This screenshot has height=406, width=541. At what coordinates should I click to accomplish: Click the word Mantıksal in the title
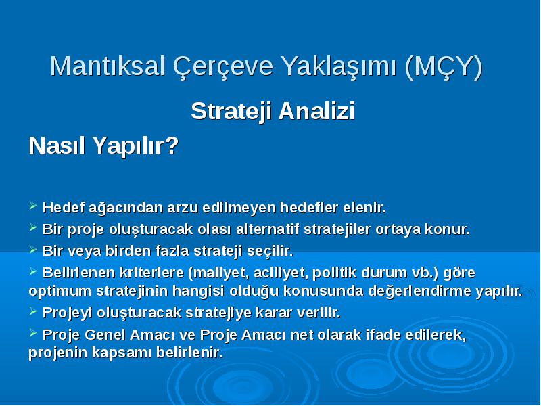(x=108, y=66)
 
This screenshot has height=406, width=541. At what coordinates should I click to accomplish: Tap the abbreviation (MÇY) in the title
(x=444, y=67)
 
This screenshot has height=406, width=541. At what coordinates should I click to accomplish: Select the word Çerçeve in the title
(x=223, y=67)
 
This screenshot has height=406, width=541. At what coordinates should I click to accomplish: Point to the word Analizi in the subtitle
(x=316, y=111)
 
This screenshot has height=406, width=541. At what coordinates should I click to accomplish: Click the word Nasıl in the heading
(x=57, y=145)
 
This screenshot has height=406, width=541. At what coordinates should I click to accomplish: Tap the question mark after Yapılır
(x=172, y=145)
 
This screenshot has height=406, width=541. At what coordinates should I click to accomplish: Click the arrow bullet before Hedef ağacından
(x=33, y=206)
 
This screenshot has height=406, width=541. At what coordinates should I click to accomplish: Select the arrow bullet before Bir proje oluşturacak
(x=33, y=227)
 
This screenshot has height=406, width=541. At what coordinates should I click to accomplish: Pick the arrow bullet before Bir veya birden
(x=33, y=249)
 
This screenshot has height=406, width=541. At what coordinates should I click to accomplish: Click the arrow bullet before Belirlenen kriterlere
(x=33, y=271)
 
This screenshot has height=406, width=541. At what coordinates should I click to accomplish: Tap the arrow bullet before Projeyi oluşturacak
(x=33, y=311)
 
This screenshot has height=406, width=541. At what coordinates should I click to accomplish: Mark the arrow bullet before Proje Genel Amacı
(x=33, y=333)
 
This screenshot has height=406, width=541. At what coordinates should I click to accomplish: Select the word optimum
(x=60, y=292)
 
